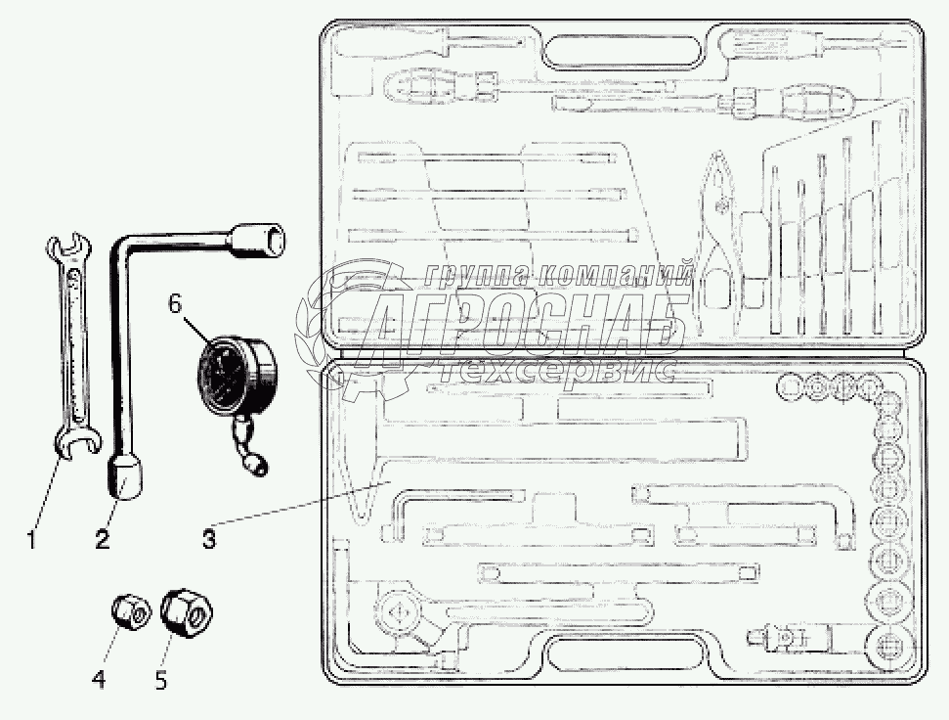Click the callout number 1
click(x=31, y=537)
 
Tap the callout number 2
click(x=102, y=537)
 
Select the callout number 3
click(x=209, y=537)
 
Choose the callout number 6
click(x=174, y=303)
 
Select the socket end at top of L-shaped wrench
click(x=260, y=239)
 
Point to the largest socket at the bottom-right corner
click(x=889, y=648)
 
